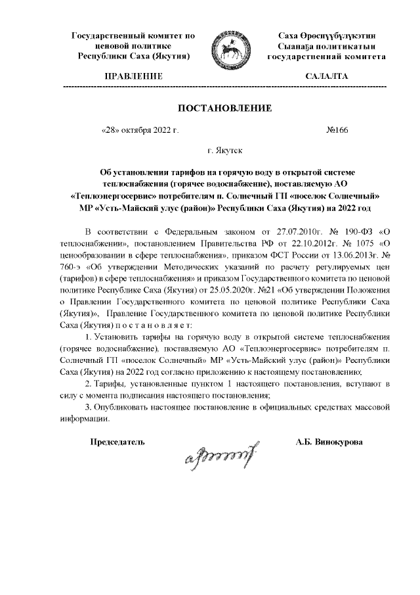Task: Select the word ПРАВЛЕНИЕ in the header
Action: [x=134, y=77]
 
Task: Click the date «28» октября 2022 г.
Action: [x=140, y=130]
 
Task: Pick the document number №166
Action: [x=337, y=130]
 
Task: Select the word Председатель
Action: [x=117, y=441]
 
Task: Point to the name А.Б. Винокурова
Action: [x=328, y=441]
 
